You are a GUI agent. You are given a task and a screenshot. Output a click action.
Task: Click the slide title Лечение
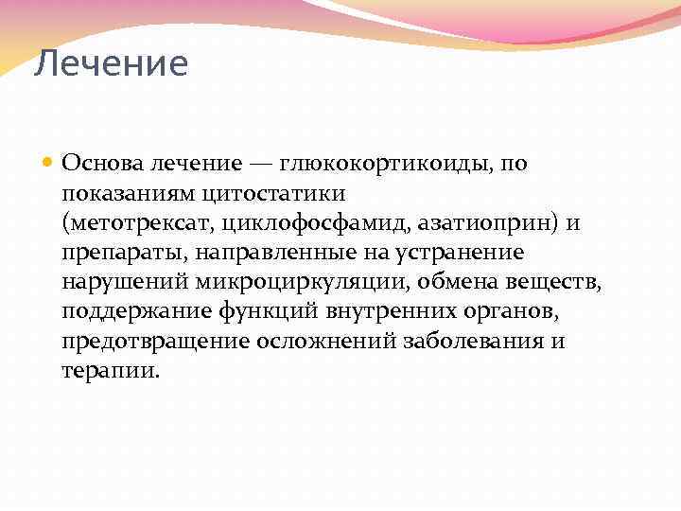111,64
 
